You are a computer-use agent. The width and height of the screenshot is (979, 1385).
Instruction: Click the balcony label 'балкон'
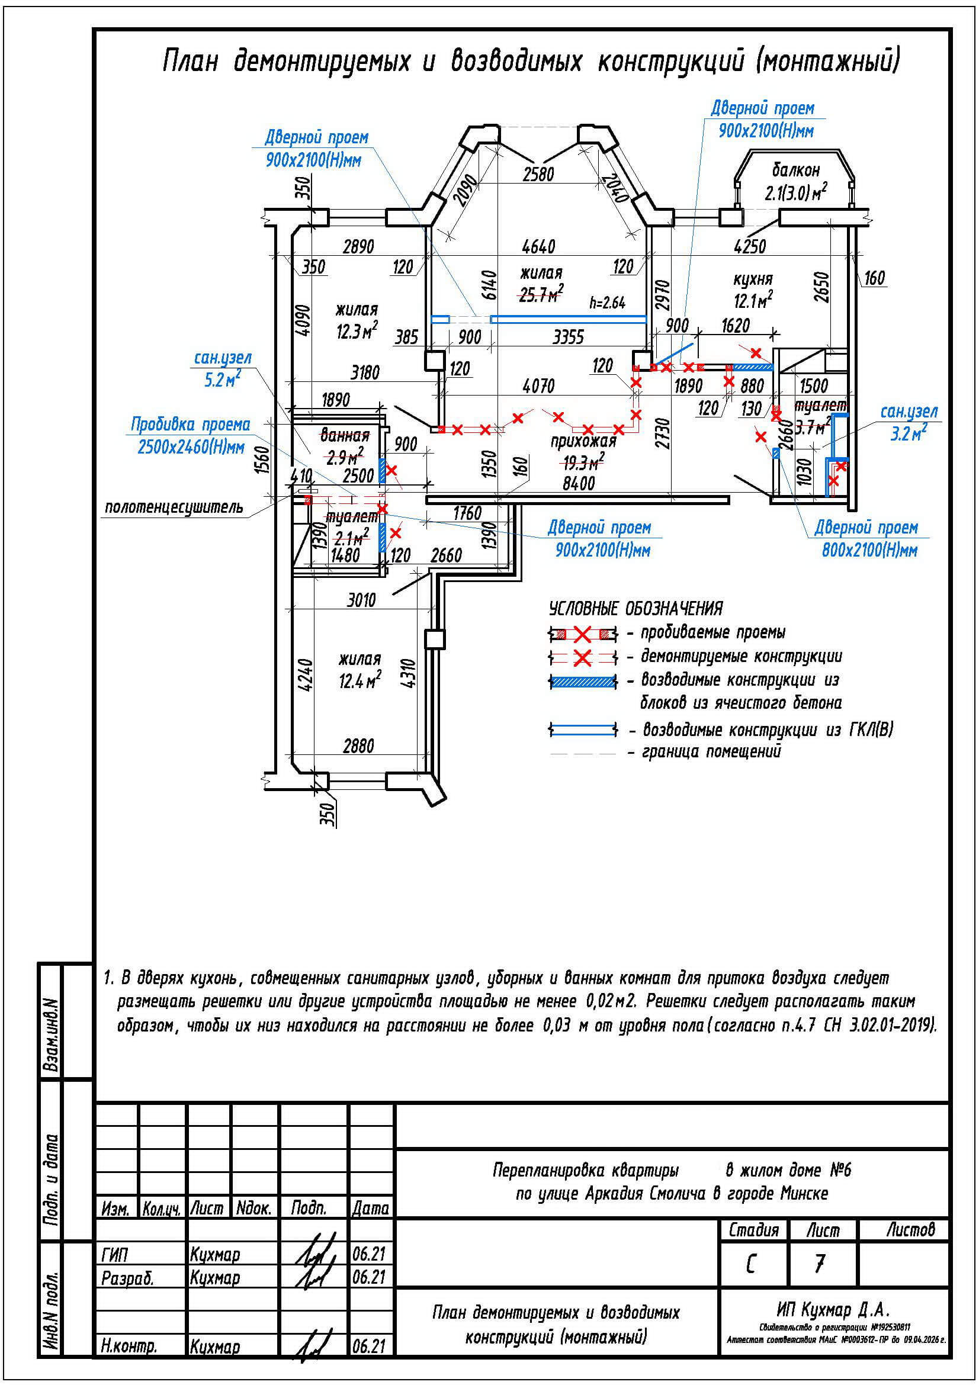(x=795, y=169)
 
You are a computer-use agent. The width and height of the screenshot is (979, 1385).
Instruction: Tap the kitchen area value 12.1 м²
(x=753, y=300)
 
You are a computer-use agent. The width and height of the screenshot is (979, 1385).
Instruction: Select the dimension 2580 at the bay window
(x=537, y=174)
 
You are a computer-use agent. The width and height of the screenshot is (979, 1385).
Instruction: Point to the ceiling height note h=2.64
(x=607, y=302)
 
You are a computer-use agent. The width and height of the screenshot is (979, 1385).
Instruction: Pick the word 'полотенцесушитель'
(x=174, y=507)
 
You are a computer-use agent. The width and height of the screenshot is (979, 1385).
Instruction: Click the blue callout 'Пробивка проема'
(x=190, y=425)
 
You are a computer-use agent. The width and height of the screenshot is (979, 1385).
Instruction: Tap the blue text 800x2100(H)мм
(x=869, y=550)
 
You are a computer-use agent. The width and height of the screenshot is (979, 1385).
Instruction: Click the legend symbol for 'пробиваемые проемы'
(x=582, y=634)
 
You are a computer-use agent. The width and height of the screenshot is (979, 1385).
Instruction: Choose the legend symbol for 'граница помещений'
(x=582, y=753)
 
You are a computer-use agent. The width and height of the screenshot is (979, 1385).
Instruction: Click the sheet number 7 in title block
(x=818, y=1264)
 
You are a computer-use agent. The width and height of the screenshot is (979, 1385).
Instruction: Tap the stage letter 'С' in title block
(x=750, y=1264)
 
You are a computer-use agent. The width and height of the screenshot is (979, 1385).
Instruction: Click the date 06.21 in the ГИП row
(x=368, y=1254)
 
